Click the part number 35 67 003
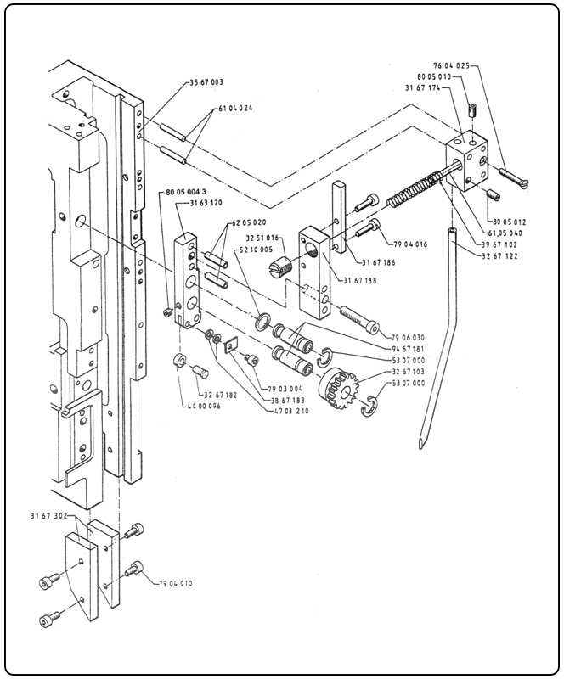tap(206, 82)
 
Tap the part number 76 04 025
tap(451, 65)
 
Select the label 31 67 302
tap(49, 515)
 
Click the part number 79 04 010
tap(176, 584)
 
